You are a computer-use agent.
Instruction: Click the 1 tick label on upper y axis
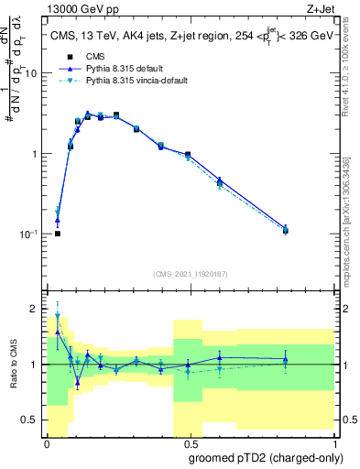click(37, 154)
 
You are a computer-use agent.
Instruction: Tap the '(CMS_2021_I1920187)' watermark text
click(190, 273)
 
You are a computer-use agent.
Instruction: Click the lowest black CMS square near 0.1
click(58, 234)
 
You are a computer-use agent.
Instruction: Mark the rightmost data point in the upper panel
click(286, 230)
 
